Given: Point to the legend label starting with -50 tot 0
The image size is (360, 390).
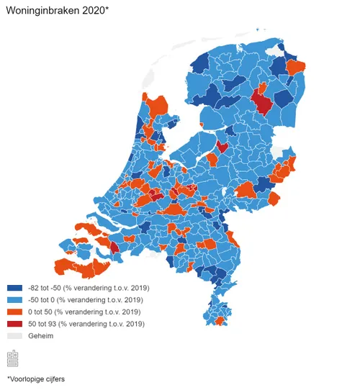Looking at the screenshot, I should click(86, 300).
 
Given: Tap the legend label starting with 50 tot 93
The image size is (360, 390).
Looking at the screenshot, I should click(87, 325).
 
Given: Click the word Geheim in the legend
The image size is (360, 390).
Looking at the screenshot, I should click(41, 336).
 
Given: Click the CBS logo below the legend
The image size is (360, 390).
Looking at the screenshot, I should click(13, 358).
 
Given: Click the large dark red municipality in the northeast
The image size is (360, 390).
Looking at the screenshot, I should click(264, 100).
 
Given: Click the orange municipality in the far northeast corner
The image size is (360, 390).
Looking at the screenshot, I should click(295, 68).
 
